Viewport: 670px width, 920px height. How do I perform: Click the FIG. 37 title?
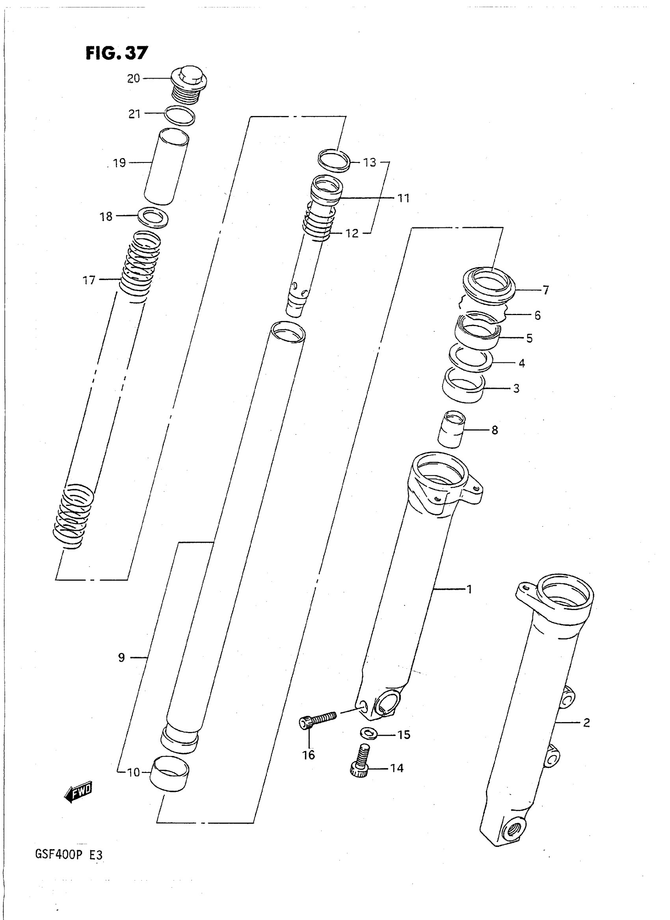(117, 53)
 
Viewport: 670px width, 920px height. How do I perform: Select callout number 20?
(134, 78)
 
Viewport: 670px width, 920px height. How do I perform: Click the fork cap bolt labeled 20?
(189, 89)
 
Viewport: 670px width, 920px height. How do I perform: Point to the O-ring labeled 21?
(180, 115)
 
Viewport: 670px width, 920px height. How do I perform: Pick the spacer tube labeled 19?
(167, 167)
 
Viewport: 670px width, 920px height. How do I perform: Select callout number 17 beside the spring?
(89, 280)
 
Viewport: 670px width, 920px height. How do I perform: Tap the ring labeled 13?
(334, 161)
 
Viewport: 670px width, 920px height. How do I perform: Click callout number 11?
(403, 198)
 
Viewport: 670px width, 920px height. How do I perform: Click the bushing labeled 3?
(463, 385)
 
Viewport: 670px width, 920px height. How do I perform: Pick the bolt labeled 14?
(360, 763)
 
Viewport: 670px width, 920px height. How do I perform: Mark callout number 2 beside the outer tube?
(586, 722)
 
